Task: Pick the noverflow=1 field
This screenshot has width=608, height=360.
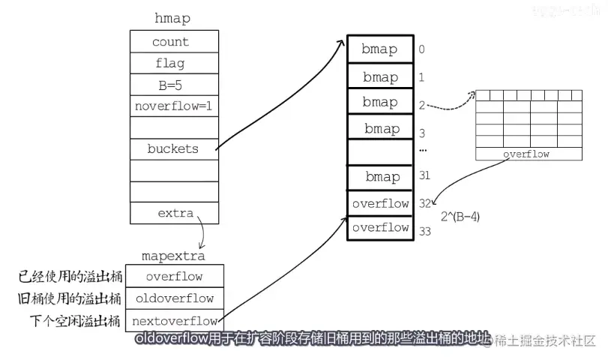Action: coord(173,106)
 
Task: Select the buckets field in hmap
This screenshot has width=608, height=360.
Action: coord(173,149)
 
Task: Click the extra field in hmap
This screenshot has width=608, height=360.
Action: coord(175,214)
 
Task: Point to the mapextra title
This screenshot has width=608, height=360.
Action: coord(173,256)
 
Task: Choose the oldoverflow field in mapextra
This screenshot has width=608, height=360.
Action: coord(175,298)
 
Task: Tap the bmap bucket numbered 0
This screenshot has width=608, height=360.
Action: coord(380,50)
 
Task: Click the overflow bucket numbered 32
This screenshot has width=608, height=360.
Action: coord(380,203)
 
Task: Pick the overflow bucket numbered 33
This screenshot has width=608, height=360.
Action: coord(380,227)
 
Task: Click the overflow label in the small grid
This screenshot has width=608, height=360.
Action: coord(526,154)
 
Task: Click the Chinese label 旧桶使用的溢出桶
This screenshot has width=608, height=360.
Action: coord(70,298)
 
